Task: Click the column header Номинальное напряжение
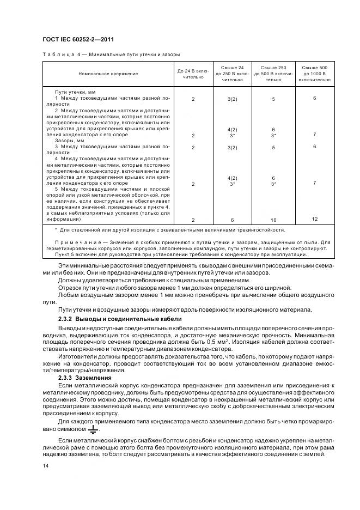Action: click(108, 73)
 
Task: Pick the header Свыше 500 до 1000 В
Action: click(314, 73)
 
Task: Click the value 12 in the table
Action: click(314, 218)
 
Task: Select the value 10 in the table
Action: click(273, 220)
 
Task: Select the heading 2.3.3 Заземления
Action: click(84, 377)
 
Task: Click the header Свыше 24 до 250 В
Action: click(233, 73)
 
